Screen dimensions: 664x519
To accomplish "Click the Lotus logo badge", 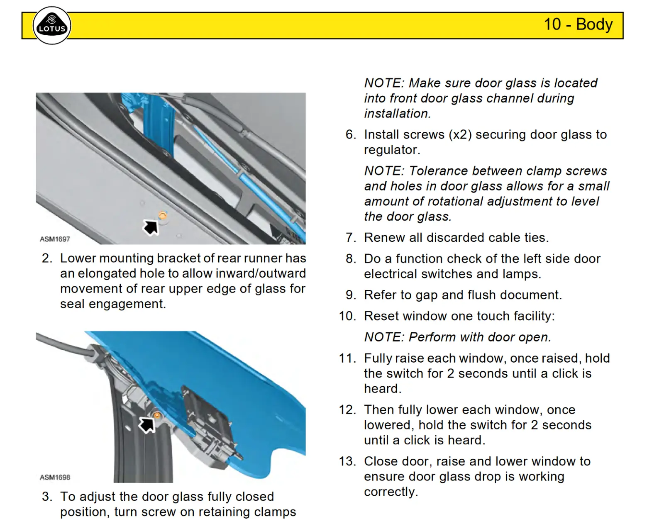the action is tap(52, 26).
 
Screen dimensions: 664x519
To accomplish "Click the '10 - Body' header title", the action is tap(578, 24).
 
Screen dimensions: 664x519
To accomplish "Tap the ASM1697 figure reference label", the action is tap(55, 239).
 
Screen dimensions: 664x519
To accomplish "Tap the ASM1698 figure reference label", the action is tap(55, 477).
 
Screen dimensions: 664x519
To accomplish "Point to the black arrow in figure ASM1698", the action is tap(146, 424).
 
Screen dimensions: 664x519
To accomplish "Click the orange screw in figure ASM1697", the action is tap(163, 215).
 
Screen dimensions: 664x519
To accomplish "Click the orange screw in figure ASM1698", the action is tap(157, 415).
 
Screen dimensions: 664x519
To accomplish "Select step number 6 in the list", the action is tap(351, 135).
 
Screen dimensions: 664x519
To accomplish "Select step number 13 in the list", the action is tap(348, 462).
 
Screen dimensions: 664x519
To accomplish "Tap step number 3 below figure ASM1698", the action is tap(47, 497).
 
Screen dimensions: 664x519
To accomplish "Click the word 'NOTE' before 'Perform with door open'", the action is tap(384, 337).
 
